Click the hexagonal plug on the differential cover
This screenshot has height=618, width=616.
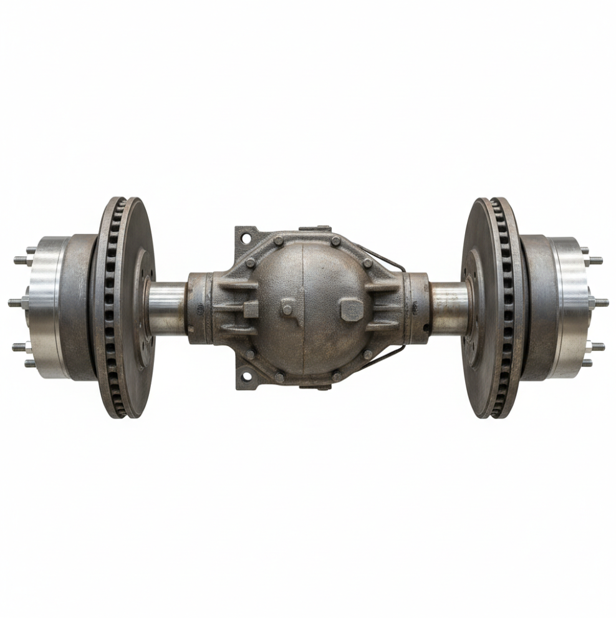point(350,309)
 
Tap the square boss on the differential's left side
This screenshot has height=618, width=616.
point(251,309)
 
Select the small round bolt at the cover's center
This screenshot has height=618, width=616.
point(288,309)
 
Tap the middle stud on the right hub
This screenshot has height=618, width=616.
point(600,302)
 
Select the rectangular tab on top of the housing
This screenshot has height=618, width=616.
point(315,229)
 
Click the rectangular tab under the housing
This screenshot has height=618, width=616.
point(315,386)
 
